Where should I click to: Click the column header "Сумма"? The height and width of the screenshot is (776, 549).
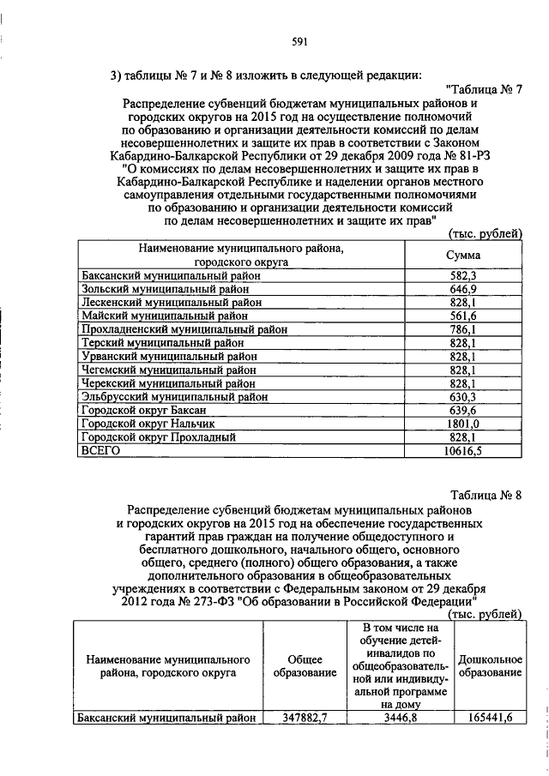pos(463,256)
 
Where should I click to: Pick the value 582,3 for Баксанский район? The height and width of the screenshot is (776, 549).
pos(463,277)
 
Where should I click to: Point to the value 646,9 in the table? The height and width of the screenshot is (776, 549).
pos(463,290)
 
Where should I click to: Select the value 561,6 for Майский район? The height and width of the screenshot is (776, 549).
pos(463,316)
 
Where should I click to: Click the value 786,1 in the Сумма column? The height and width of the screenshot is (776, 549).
pos(463,330)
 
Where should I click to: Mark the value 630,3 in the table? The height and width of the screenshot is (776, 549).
pos(463,397)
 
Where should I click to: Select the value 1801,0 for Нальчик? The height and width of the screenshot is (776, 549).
pos(463,424)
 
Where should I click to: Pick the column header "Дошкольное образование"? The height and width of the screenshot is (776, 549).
pos(490,667)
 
